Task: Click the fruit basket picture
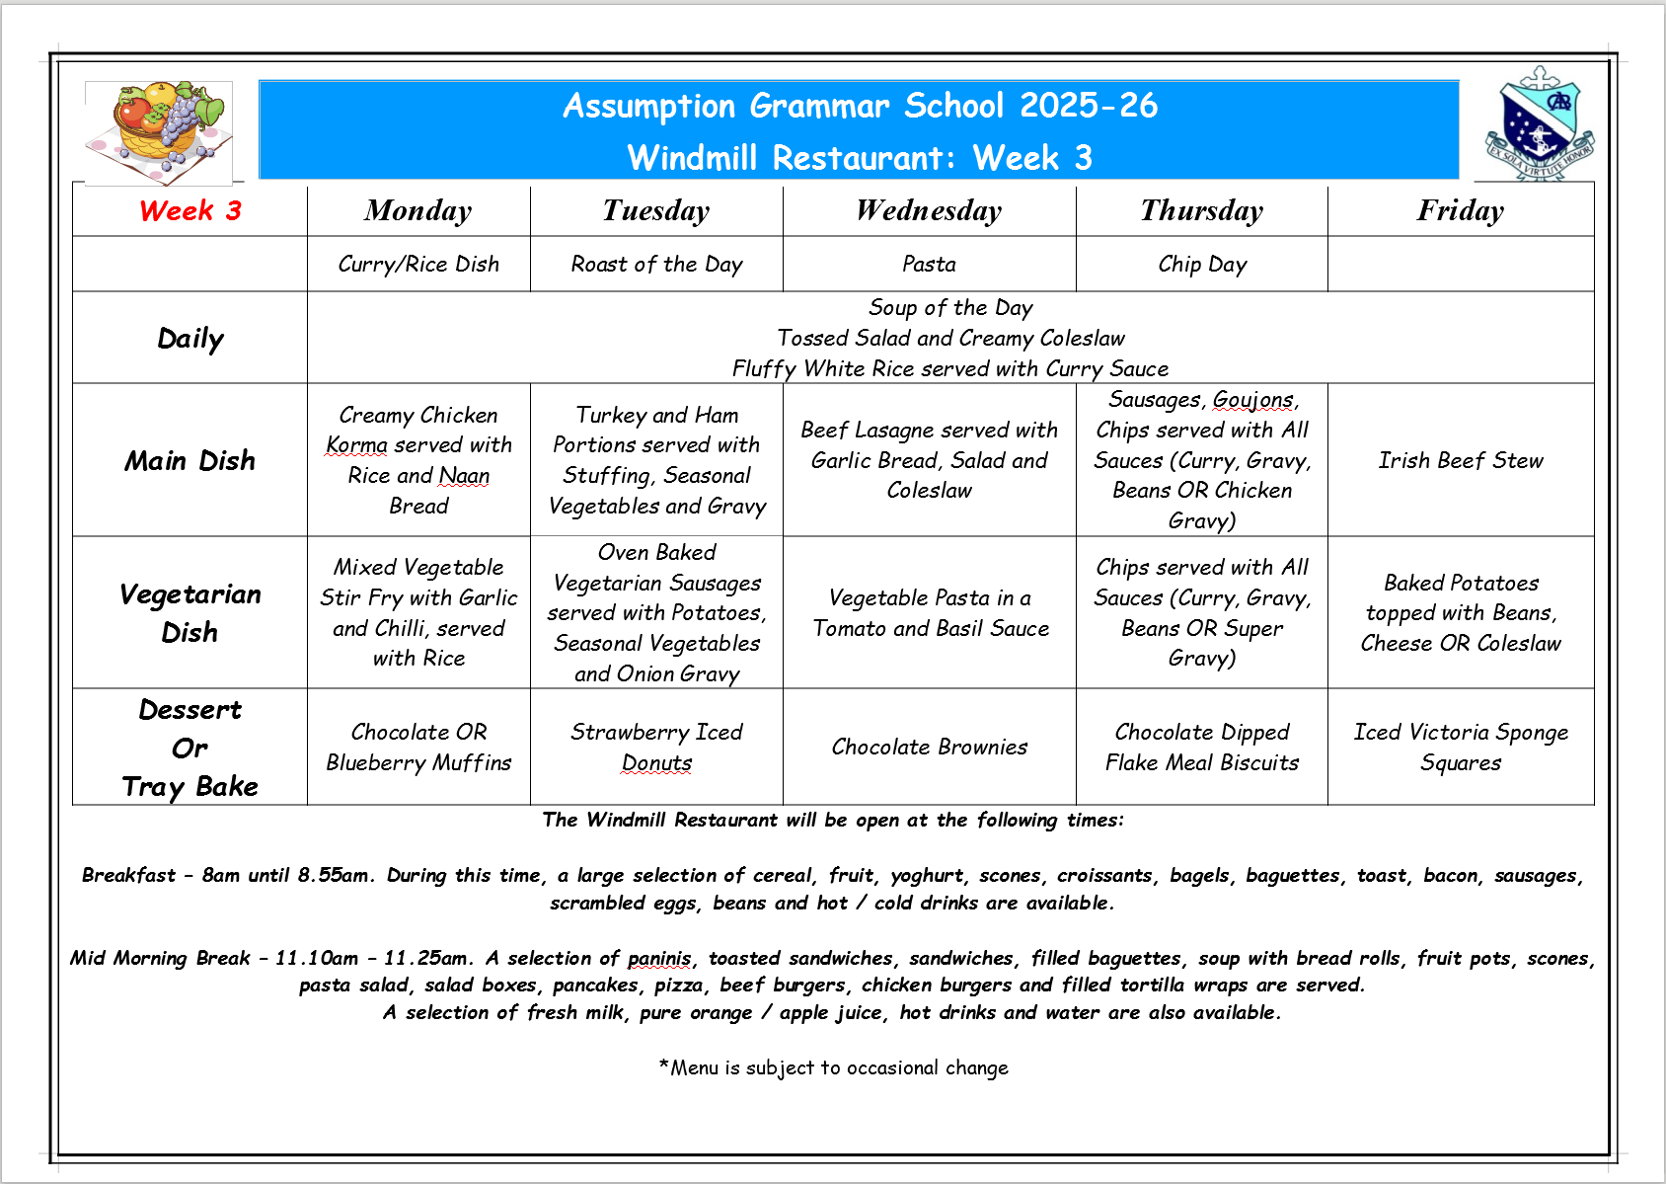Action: pos(159,131)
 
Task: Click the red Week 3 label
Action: pos(190,210)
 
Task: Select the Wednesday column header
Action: pos(929,210)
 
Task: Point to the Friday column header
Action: pos(1460,210)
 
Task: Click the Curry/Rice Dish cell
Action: pos(418,265)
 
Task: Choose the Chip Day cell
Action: pos(1202,265)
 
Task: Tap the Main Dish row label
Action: pos(189,460)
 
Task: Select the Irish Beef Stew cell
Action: pos(1460,460)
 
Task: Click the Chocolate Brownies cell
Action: pos(929,747)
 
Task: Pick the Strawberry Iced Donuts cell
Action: pos(656,747)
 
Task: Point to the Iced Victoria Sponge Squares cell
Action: pos(1460,747)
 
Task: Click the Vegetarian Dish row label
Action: pos(189,612)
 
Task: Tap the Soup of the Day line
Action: pos(950,308)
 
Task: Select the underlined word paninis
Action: pos(659,958)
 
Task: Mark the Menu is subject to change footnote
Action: pos(834,1067)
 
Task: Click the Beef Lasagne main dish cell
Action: pos(929,460)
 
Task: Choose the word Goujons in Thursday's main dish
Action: pos(1252,400)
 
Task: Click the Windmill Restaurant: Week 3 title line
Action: pos(859,158)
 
